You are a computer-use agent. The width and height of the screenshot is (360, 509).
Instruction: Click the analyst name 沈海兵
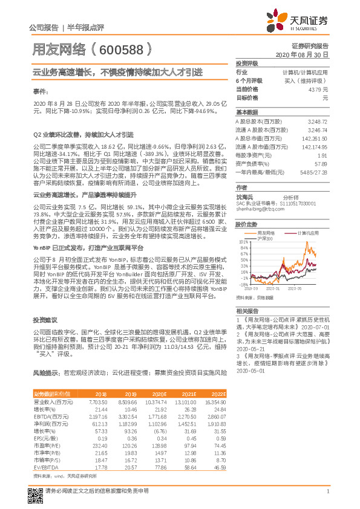(244, 198)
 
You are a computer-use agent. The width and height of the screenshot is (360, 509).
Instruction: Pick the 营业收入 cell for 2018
(98, 401)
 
